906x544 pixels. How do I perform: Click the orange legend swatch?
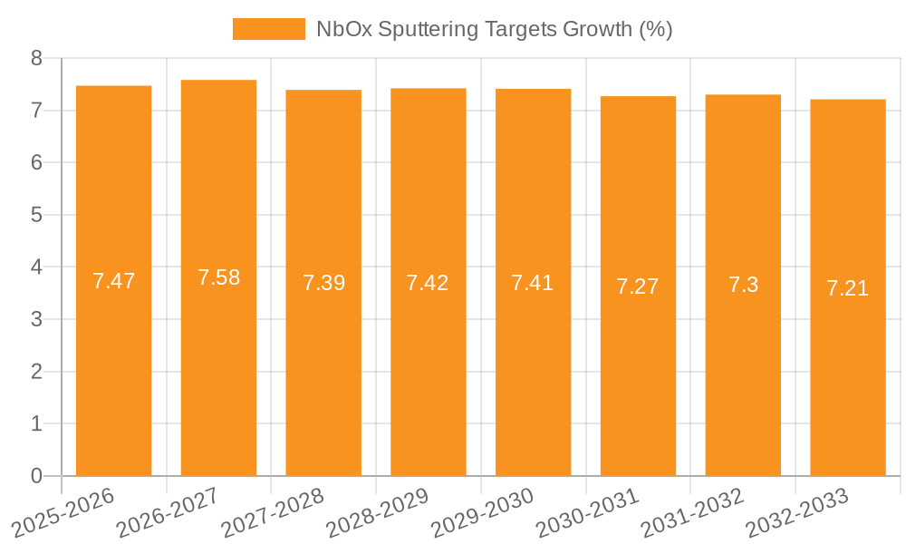click(269, 29)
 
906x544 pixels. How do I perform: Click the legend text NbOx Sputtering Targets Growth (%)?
click(494, 29)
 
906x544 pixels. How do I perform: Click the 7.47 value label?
click(113, 281)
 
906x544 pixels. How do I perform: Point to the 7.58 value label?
click(218, 278)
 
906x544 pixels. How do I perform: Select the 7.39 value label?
click(323, 283)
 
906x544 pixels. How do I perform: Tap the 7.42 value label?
click(428, 283)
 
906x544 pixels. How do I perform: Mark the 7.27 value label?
click(638, 287)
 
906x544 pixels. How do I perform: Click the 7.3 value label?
click(743, 286)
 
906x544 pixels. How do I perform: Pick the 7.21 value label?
click(847, 288)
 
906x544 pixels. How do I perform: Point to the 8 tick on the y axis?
click(36, 59)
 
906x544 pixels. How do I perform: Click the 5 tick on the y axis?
click(36, 215)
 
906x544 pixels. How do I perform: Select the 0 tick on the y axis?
click(36, 476)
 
